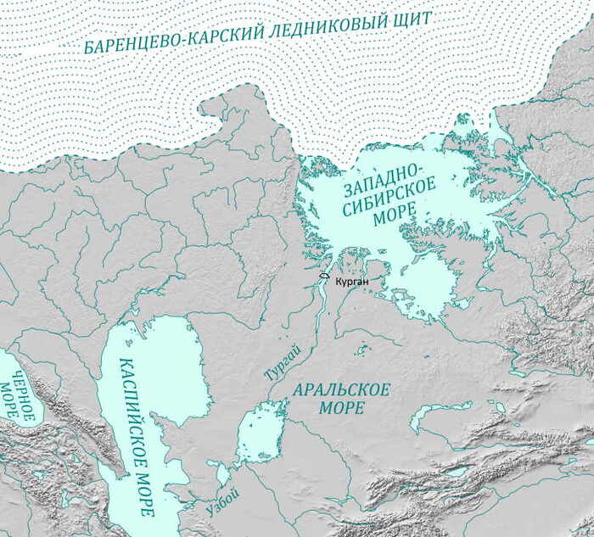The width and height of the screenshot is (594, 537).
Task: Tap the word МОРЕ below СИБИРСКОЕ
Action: (390, 220)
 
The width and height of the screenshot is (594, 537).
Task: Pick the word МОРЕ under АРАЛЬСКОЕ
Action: (342, 408)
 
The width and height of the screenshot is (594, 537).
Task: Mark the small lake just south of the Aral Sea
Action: (222, 472)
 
